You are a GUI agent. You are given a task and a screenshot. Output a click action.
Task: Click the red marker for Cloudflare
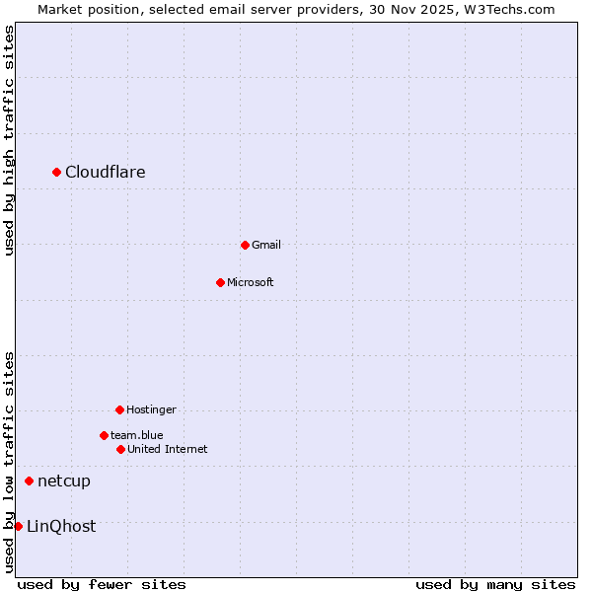tap(57, 173)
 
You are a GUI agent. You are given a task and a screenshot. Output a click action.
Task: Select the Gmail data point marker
tap(246, 245)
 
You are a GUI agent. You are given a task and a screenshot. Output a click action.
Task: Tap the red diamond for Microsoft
tap(221, 282)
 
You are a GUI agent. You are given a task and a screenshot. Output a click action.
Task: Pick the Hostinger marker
tap(120, 409)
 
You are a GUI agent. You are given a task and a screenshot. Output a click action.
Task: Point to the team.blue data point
tap(105, 435)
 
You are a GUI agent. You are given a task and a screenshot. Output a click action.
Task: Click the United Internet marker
tap(121, 449)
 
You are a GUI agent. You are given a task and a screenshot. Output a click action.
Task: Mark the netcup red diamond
tap(30, 481)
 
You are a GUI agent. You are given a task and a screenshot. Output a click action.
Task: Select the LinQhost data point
tap(19, 526)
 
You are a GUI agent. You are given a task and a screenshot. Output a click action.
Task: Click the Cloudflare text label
tap(106, 173)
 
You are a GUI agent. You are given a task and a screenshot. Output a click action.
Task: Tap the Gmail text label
tap(266, 245)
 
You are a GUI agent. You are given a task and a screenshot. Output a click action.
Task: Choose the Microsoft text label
tap(251, 282)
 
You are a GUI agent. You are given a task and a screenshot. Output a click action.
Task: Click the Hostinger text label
tap(151, 409)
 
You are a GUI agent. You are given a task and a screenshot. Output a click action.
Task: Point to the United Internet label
tap(168, 449)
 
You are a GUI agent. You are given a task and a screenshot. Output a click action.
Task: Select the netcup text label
tap(64, 481)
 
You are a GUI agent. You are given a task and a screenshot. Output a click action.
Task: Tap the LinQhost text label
tap(61, 526)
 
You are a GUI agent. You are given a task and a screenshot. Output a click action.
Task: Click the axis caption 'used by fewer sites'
tap(102, 584)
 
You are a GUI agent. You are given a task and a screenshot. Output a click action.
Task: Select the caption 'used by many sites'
tap(495, 584)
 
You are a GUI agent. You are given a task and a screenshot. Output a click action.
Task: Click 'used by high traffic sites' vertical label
tap(9, 140)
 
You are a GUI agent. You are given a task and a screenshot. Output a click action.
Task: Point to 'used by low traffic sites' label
tap(9, 462)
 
